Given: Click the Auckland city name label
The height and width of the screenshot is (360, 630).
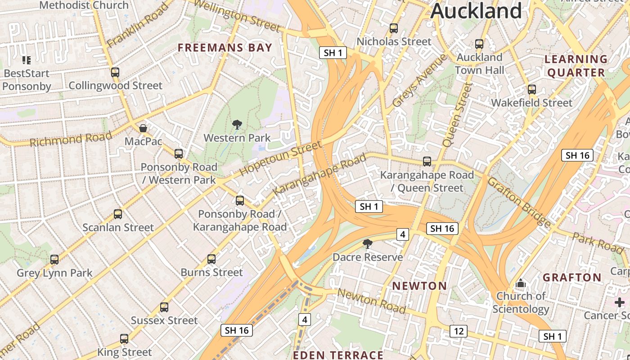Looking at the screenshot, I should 476,11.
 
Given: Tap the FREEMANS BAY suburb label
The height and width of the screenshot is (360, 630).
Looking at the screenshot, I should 225,48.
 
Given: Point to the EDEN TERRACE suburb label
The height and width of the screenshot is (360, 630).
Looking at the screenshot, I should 338,355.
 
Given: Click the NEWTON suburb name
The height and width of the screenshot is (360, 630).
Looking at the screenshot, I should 419,286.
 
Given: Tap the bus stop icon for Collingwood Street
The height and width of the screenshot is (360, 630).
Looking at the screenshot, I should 115,72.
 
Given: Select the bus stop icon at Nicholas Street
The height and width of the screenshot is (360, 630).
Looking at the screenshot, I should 394,28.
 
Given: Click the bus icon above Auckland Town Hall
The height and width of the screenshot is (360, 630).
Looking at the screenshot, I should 479,44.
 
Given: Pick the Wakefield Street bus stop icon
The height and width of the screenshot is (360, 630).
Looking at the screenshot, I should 532,89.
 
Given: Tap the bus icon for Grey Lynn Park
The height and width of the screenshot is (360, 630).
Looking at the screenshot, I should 54,259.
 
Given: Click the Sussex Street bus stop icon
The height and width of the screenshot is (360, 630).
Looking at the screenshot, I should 164,307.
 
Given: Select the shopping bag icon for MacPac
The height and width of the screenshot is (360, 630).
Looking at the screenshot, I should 143,128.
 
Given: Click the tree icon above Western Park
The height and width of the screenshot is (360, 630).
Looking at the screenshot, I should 237,125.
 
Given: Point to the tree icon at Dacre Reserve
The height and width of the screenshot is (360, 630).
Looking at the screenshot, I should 368,244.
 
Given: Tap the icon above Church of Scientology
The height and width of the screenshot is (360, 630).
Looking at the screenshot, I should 521,283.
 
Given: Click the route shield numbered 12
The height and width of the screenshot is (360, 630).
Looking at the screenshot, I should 459,332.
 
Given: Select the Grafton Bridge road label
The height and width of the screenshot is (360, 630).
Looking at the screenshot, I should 519,202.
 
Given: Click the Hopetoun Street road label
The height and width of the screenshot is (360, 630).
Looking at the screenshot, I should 281,158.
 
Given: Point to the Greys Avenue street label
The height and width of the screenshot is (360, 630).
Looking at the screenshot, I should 419,81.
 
